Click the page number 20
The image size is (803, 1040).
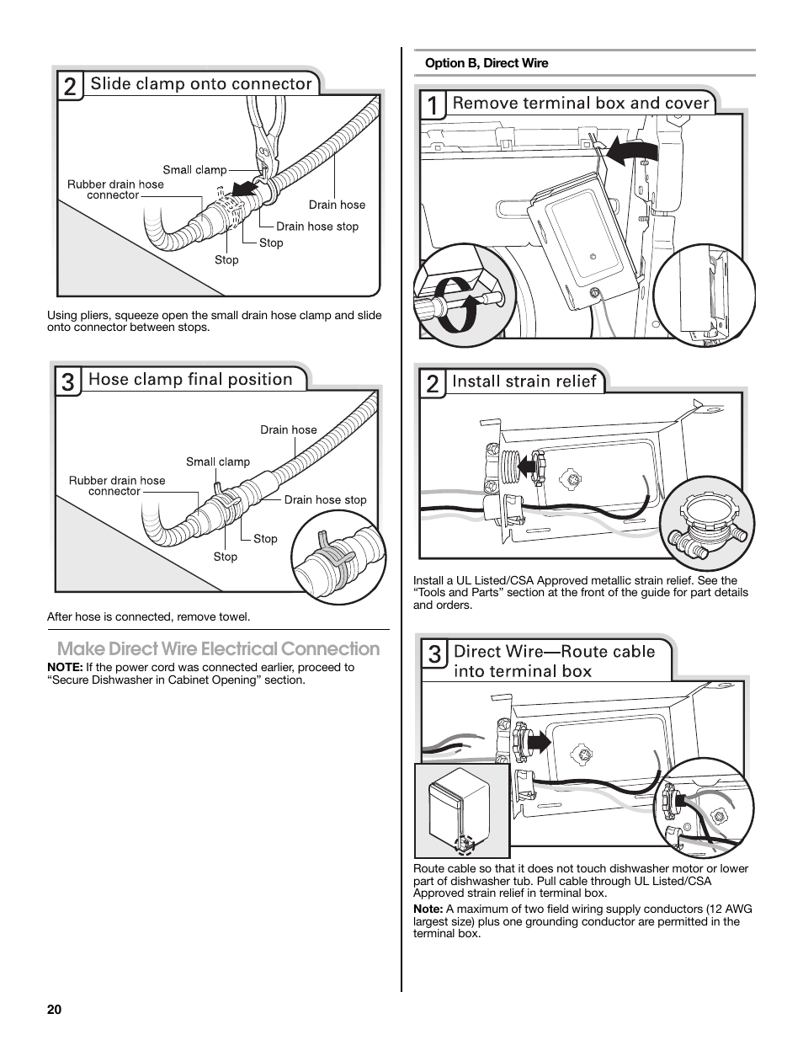click(x=54, y=1010)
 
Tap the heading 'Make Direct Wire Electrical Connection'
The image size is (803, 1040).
click(x=218, y=648)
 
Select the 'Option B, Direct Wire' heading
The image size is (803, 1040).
click(x=487, y=63)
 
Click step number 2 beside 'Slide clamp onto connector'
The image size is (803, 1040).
click(x=70, y=87)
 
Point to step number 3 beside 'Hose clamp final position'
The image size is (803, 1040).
click(x=67, y=382)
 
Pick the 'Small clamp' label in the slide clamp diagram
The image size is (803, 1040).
click(x=194, y=169)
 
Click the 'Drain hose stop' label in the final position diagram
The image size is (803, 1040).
click(x=325, y=499)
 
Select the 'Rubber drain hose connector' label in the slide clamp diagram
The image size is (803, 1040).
click(x=115, y=189)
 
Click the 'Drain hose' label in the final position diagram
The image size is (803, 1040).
click(x=288, y=429)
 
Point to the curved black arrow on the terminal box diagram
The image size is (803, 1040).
click(x=631, y=152)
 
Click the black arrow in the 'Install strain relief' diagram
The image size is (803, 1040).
click(x=526, y=462)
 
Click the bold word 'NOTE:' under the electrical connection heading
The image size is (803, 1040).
click(x=65, y=667)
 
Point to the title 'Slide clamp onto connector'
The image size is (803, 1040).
click(x=201, y=83)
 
